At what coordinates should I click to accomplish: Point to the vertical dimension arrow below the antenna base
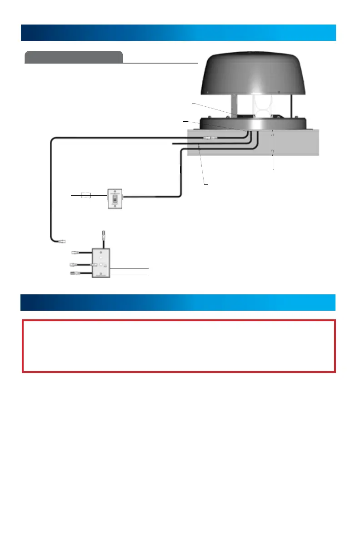click(273, 150)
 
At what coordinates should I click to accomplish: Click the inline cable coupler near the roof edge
click(210, 137)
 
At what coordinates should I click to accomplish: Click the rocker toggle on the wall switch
click(115, 198)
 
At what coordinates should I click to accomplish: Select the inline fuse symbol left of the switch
click(85, 196)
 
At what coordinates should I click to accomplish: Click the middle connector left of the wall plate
click(73, 264)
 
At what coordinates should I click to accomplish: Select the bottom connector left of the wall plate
click(73, 273)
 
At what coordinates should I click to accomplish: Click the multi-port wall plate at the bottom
click(100, 263)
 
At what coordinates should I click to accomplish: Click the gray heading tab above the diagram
click(74, 57)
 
